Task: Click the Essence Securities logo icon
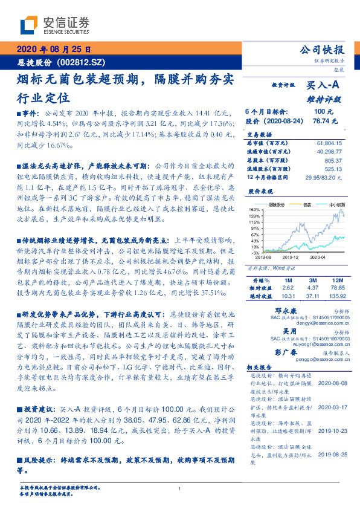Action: pos(28,25)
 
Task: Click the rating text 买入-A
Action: pos(323,86)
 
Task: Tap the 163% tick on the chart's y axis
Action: pos(254,209)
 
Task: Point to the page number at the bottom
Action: pos(179,488)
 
